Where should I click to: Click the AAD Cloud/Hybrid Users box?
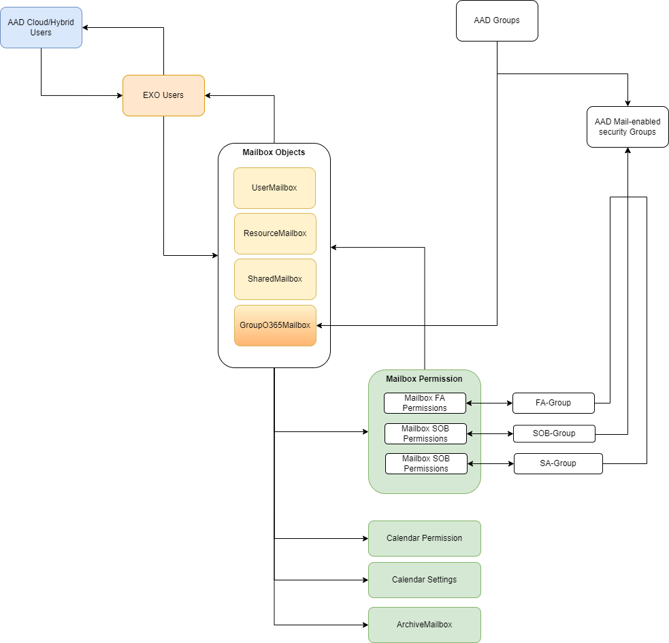41,27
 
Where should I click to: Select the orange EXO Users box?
163,95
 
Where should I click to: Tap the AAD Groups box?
497,20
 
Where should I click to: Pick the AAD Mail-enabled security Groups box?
627,127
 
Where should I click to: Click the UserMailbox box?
274,188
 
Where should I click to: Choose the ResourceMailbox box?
275,233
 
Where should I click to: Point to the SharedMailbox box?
275,279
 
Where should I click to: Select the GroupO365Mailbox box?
275,325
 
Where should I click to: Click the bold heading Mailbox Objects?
274,152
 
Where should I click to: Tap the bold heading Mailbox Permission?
424,379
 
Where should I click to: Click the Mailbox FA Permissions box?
425,403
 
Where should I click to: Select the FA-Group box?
553,403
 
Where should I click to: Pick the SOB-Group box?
554,433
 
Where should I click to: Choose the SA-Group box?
558,463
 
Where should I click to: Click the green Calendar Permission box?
424,538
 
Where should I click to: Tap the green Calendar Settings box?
424,580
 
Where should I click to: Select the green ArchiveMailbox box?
424,625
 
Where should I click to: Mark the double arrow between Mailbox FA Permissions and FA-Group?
489,403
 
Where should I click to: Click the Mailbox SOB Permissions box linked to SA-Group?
426,463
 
